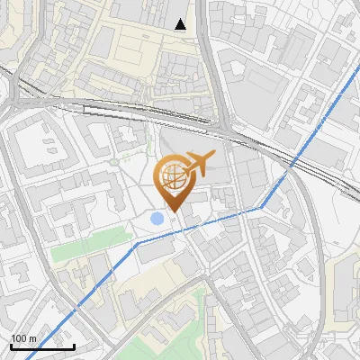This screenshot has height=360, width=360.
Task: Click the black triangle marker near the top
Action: click(181, 24)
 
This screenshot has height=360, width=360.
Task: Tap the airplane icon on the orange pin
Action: click(200, 163)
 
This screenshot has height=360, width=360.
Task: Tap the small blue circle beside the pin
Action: click(157, 218)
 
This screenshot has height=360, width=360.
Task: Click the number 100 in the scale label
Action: click(19, 339)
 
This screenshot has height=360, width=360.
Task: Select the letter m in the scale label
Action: click(32, 339)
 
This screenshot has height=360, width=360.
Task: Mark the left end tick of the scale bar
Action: click(11, 346)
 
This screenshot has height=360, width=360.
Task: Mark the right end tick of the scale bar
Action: click(75, 346)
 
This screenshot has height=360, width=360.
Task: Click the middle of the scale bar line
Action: click(42, 347)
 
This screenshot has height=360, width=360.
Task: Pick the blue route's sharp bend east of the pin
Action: click(262, 208)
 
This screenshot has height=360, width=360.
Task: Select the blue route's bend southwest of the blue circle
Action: click(137, 243)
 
